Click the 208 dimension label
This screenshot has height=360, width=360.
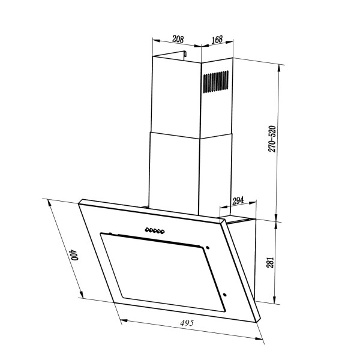pos(178,39)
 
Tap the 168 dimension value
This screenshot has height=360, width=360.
pos(217,39)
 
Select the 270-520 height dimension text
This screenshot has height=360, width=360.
pos(272,139)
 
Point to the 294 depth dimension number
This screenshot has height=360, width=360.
pos(238,200)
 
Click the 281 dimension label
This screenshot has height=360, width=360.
pos(271,262)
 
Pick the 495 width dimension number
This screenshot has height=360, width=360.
pos(187,323)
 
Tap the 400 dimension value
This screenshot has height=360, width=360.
pos(74,254)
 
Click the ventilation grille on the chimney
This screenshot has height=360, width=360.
pos(215,82)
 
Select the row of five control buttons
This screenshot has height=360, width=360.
pos(155,230)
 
